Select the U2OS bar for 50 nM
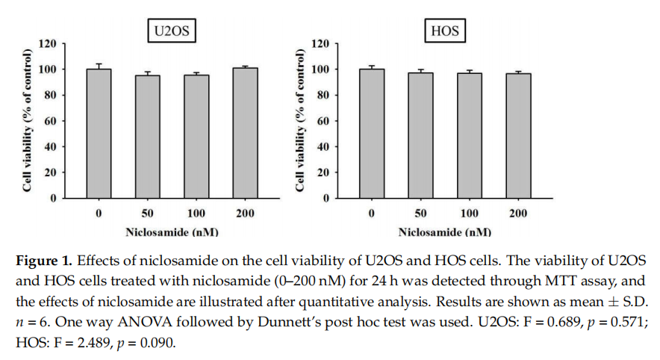147,136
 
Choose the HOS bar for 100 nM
469,135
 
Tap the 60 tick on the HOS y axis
323,121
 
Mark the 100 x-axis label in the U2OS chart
196,214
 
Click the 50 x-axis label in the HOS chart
420,214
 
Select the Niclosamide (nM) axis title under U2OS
172,232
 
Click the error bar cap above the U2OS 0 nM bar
99,64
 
